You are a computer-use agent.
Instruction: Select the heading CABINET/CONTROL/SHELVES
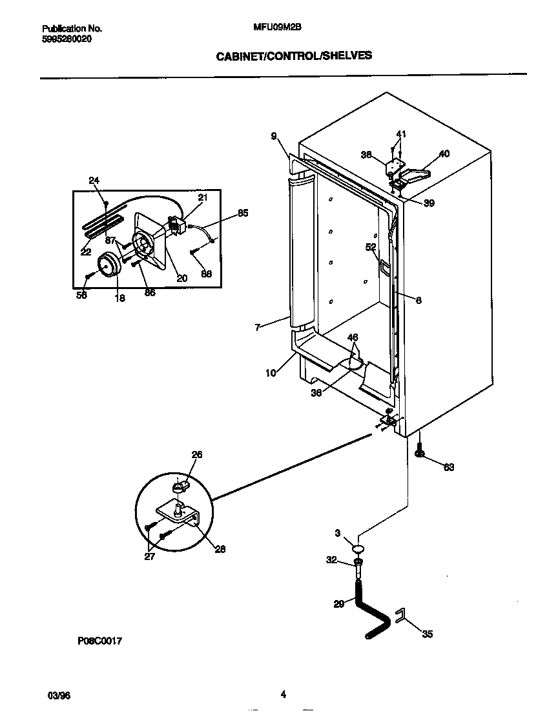pos(294,55)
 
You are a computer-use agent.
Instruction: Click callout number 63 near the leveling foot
pos(448,467)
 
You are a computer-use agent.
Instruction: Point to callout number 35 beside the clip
pos(427,634)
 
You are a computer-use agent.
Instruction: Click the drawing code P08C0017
pos(100,641)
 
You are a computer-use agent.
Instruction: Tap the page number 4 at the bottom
pos(283,695)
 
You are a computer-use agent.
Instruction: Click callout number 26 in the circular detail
pos(197,455)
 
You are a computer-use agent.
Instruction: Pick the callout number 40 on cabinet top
pos(444,154)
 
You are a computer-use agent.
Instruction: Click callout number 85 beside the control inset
pos(242,213)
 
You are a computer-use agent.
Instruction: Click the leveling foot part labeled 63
pos(420,452)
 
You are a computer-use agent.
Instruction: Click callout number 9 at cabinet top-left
pos(274,136)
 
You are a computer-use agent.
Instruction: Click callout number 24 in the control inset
pos(94,181)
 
